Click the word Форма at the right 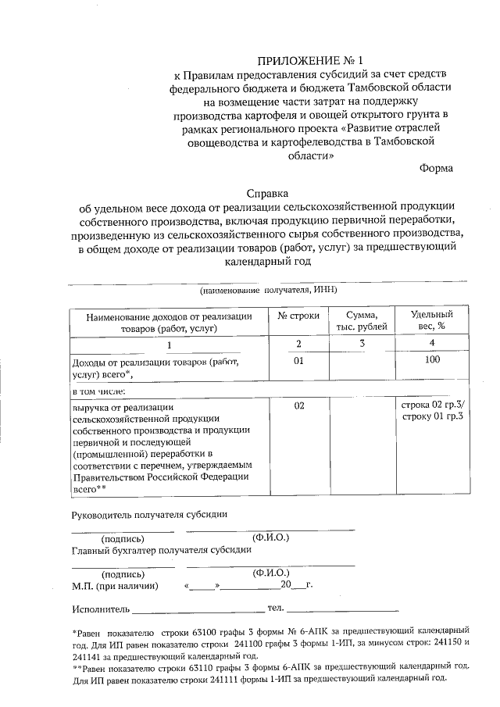(x=435, y=167)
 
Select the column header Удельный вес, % (x=432, y=320)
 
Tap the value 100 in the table (x=432, y=359)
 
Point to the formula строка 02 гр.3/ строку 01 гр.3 (x=432, y=411)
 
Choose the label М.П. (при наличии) (x=115, y=585)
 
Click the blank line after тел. (x=343, y=609)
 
